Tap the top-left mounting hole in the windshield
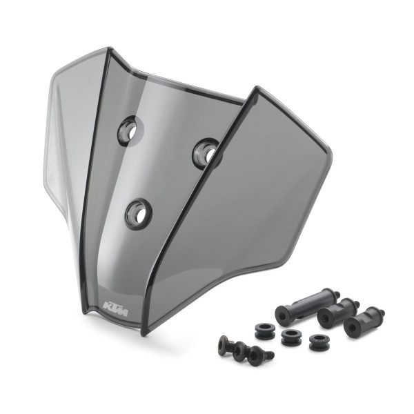128,130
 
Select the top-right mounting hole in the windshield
205,152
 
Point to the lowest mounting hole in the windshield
137,213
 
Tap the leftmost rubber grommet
265,331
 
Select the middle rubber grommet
291,339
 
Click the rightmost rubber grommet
319,342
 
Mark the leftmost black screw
225,344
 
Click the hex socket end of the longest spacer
283,315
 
